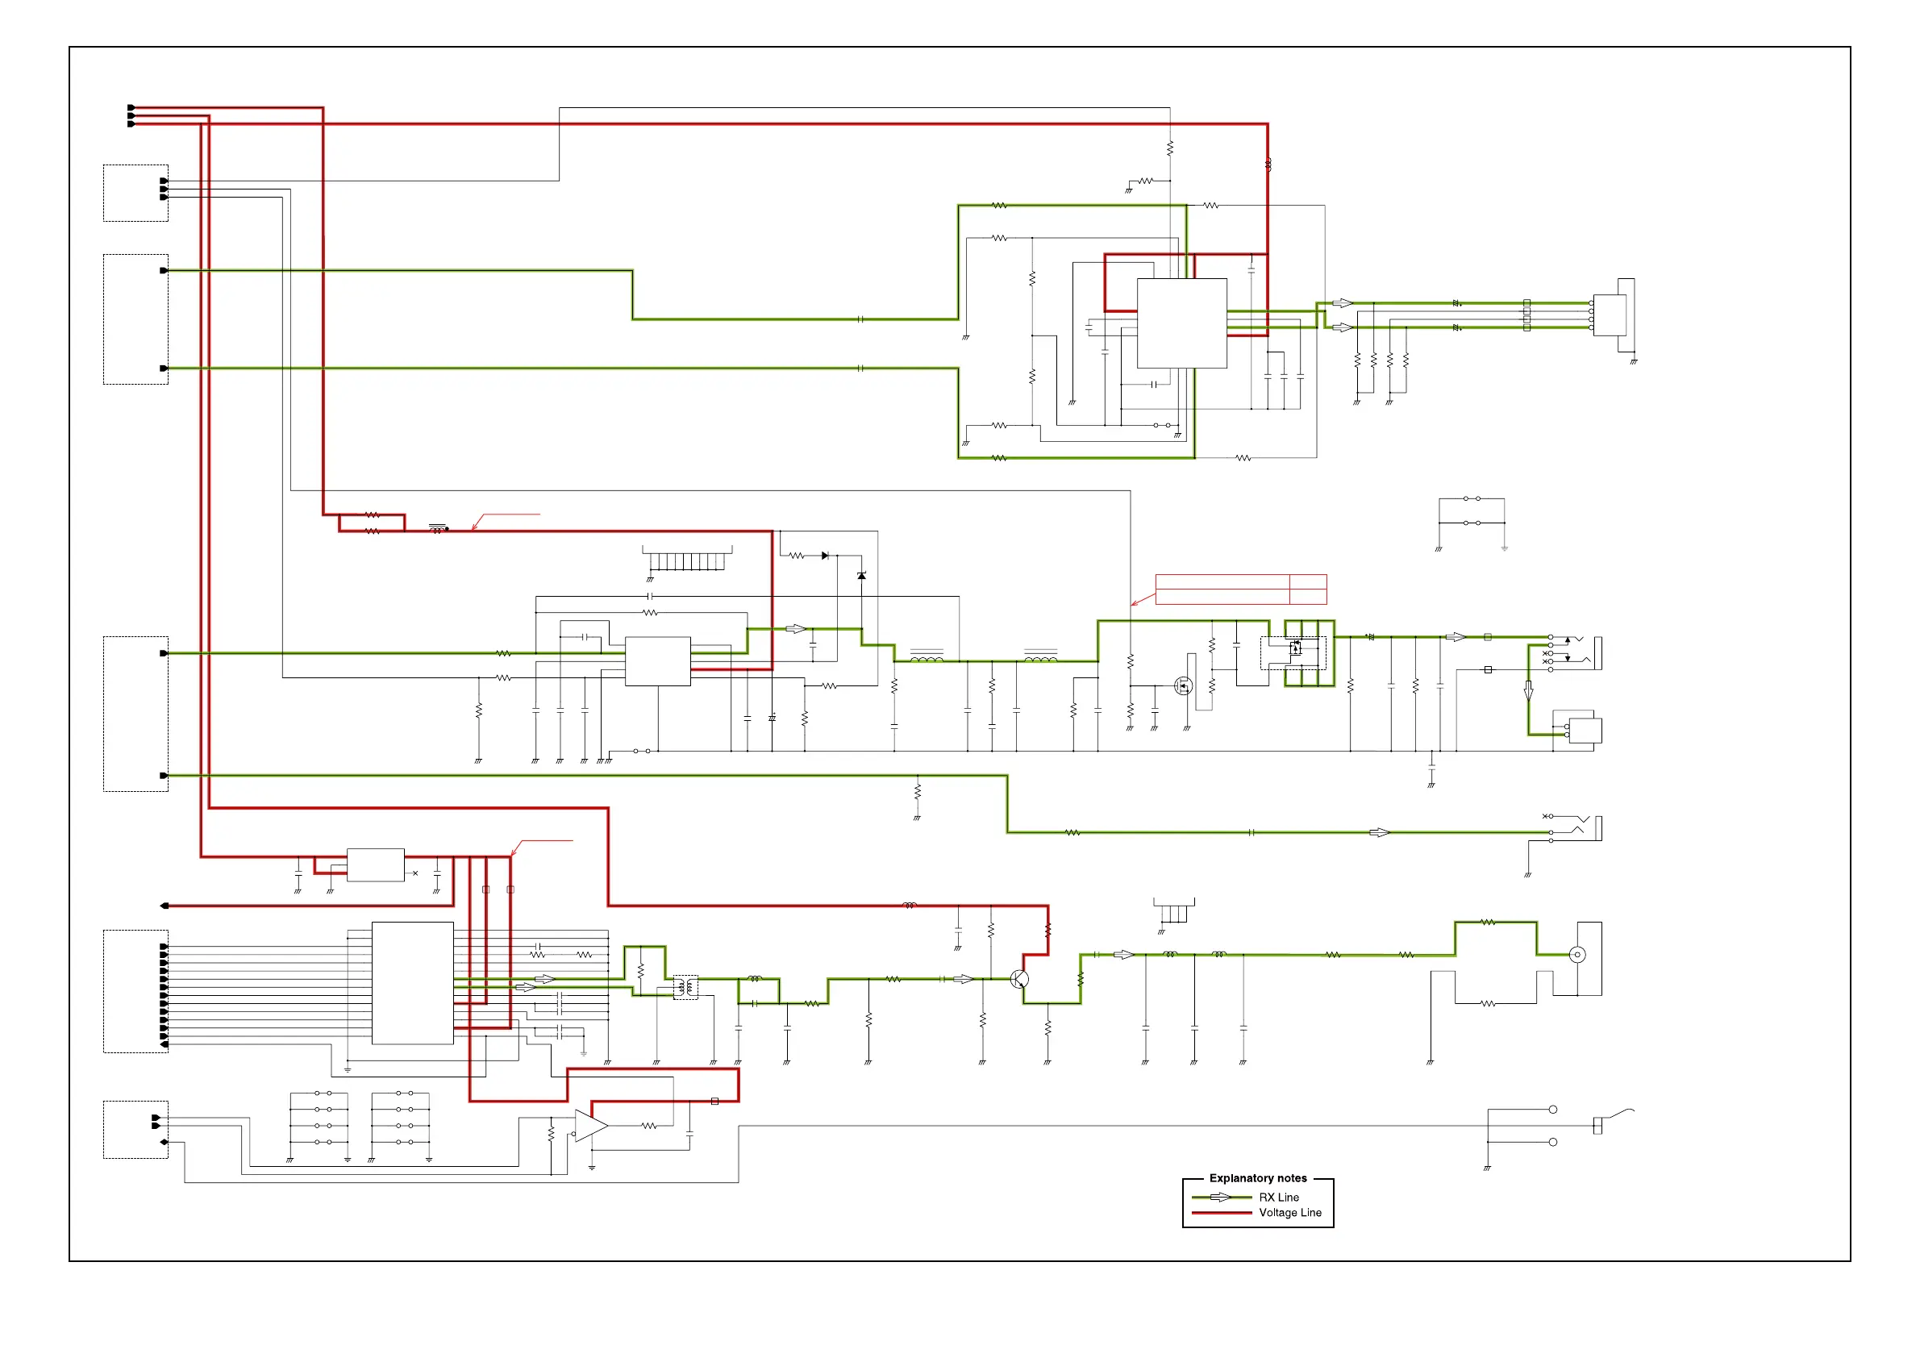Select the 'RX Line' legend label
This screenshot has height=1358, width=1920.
coord(1279,1197)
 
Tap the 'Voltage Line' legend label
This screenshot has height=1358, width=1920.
coord(1289,1213)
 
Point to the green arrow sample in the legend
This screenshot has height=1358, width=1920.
coord(1221,1197)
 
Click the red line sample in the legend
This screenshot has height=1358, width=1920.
coord(1221,1213)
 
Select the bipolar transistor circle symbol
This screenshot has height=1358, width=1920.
coord(1018,978)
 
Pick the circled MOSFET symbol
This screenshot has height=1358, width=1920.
coord(1183,685)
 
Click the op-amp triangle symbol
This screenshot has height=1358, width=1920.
coord(590,1126)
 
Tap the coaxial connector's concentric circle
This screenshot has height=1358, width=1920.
coord(1577,954)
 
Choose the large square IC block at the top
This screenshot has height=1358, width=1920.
coord(1181,323)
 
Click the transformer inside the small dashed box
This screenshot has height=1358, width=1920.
coord(685,987)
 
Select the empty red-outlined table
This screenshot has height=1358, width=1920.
coord(1241,589)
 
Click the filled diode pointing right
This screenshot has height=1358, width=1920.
coord(826,556)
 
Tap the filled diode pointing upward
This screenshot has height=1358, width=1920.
coord(861,576)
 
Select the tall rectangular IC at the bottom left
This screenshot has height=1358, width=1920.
coord(412,982)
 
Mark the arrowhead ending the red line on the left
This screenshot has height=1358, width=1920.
coord(165,906)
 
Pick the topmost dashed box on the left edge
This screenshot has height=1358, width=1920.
coord(135,194)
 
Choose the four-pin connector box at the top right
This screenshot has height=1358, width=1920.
coord(1610,315)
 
